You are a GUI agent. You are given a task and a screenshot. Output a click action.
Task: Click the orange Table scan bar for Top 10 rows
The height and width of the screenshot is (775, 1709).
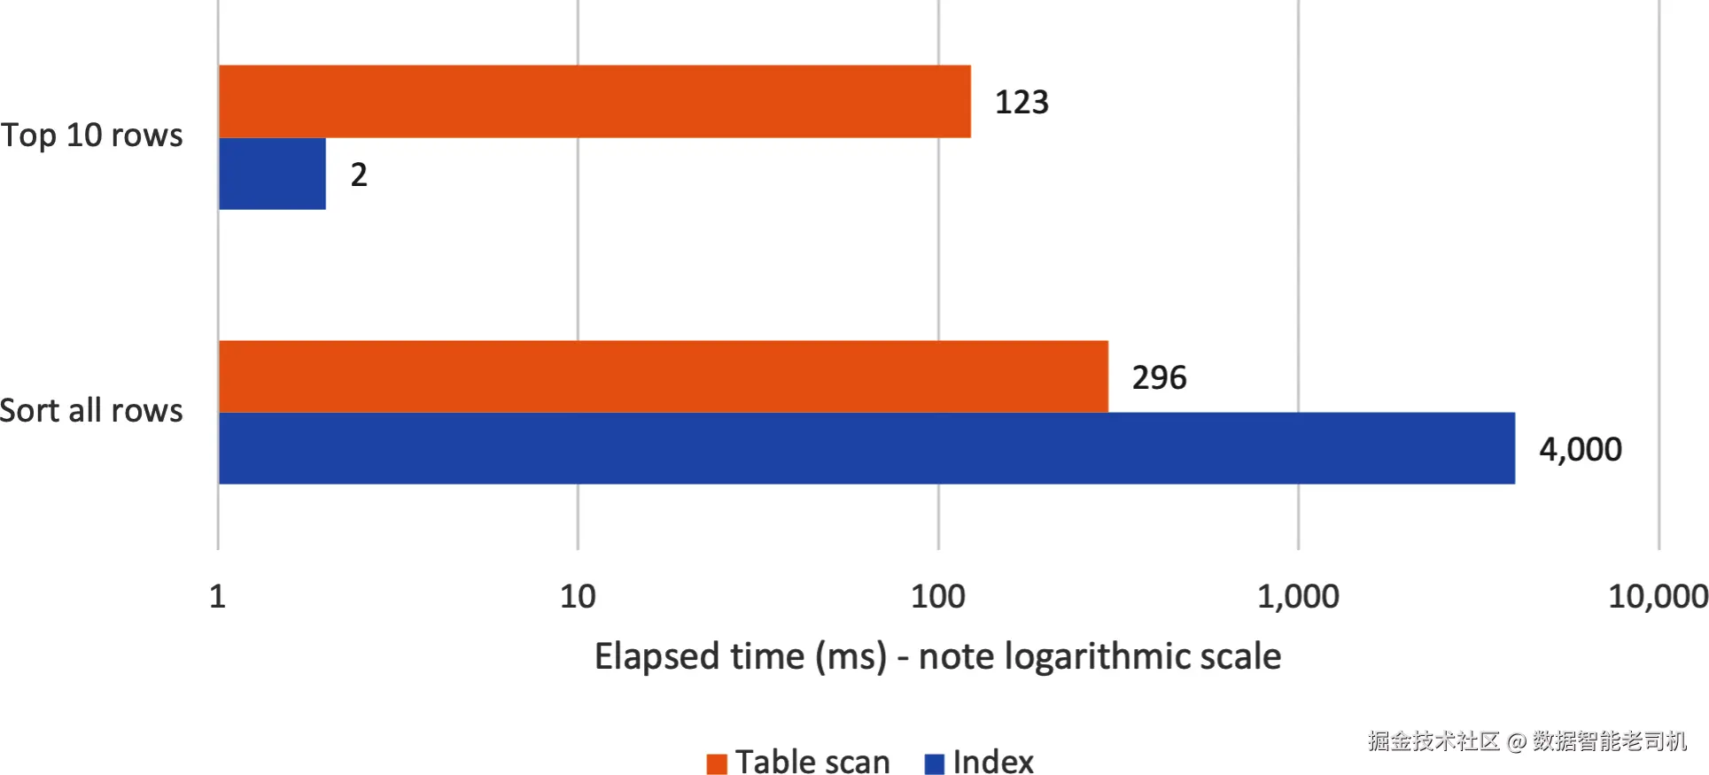594,101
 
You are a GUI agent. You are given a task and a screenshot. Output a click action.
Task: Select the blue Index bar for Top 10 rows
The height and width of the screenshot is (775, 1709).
272,174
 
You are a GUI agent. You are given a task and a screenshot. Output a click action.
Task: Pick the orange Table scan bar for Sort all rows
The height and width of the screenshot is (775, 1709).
664,376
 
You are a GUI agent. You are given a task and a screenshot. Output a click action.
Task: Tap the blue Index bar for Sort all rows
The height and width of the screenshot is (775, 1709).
866,448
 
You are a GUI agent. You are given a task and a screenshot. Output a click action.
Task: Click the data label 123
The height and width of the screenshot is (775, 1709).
1022,102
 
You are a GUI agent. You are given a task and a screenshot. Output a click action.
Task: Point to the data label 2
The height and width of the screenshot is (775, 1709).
359,174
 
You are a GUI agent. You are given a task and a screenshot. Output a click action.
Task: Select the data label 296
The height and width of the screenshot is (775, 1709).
1159,377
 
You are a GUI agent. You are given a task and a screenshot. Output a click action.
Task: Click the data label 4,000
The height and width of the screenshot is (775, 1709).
1581,450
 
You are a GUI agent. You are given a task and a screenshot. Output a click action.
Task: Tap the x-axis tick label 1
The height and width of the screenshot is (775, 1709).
218,596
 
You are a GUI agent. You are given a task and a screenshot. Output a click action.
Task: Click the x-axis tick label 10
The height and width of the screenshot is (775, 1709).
578,596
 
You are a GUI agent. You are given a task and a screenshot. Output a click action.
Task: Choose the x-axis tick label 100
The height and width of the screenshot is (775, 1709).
938,596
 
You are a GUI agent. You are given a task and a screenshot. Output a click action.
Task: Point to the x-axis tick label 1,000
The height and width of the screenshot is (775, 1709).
1298,597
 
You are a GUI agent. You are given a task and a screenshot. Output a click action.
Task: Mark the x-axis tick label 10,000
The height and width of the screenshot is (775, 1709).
1658,597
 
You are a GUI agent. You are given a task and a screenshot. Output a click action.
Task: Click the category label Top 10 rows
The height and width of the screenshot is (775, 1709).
91,136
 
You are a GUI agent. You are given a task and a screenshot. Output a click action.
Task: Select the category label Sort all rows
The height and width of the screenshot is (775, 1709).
91,411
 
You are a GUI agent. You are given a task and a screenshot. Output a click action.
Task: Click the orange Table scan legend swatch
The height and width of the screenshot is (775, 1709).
717,763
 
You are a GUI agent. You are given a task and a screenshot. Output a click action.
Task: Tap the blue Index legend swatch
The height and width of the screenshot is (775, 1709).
935,763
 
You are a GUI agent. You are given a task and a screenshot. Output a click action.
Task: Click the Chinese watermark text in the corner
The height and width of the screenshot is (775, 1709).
1527,740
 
